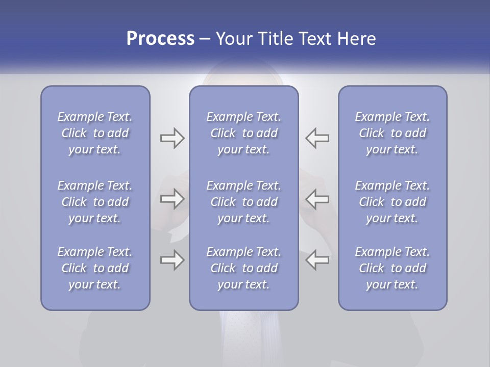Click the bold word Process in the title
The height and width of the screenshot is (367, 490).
coord(160,39)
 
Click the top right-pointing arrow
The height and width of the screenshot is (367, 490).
coord(172,138)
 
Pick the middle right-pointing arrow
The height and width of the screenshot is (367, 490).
coord(172,199)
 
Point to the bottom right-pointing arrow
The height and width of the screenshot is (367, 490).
coord(172,260)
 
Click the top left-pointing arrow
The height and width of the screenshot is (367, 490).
coord(317,138)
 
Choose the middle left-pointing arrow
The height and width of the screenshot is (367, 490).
coord(317,199)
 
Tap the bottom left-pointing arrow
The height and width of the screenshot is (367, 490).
coord(317,260)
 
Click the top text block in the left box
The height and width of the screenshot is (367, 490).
coord(95,133)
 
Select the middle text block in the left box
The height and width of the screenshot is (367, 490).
coord(95,202)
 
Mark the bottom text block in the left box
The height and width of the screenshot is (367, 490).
coord(95,268)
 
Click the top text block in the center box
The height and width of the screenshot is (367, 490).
coord(243,133)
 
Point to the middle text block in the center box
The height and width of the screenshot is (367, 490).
coord(243,202)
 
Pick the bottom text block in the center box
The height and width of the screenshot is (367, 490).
coord(243,268)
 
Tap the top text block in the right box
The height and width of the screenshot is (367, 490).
coord(392,133)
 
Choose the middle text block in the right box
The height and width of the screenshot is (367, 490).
coord(392,202)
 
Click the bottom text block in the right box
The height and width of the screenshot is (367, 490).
coord(392,268)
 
